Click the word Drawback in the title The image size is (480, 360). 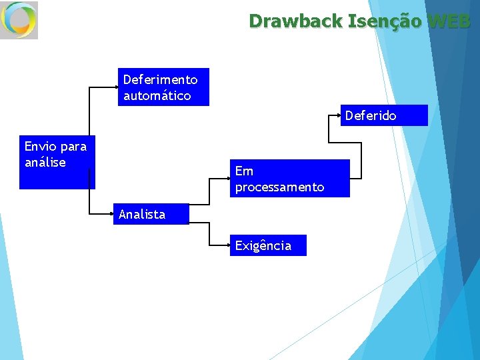(295, 21)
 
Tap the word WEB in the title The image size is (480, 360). (450, 21)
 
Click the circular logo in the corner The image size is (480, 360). (19, 20)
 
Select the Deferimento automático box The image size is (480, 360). (163, 87)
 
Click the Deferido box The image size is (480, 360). (385, 115)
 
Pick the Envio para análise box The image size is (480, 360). (57, 162)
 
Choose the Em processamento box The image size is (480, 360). (289, 179)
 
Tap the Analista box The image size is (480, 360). (151, 214)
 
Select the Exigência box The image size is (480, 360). (268, 245)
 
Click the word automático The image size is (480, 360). (157, 95)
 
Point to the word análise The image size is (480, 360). (45, 162)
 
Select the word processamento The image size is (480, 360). (280, 187)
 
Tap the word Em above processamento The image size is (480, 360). (244, 171)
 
